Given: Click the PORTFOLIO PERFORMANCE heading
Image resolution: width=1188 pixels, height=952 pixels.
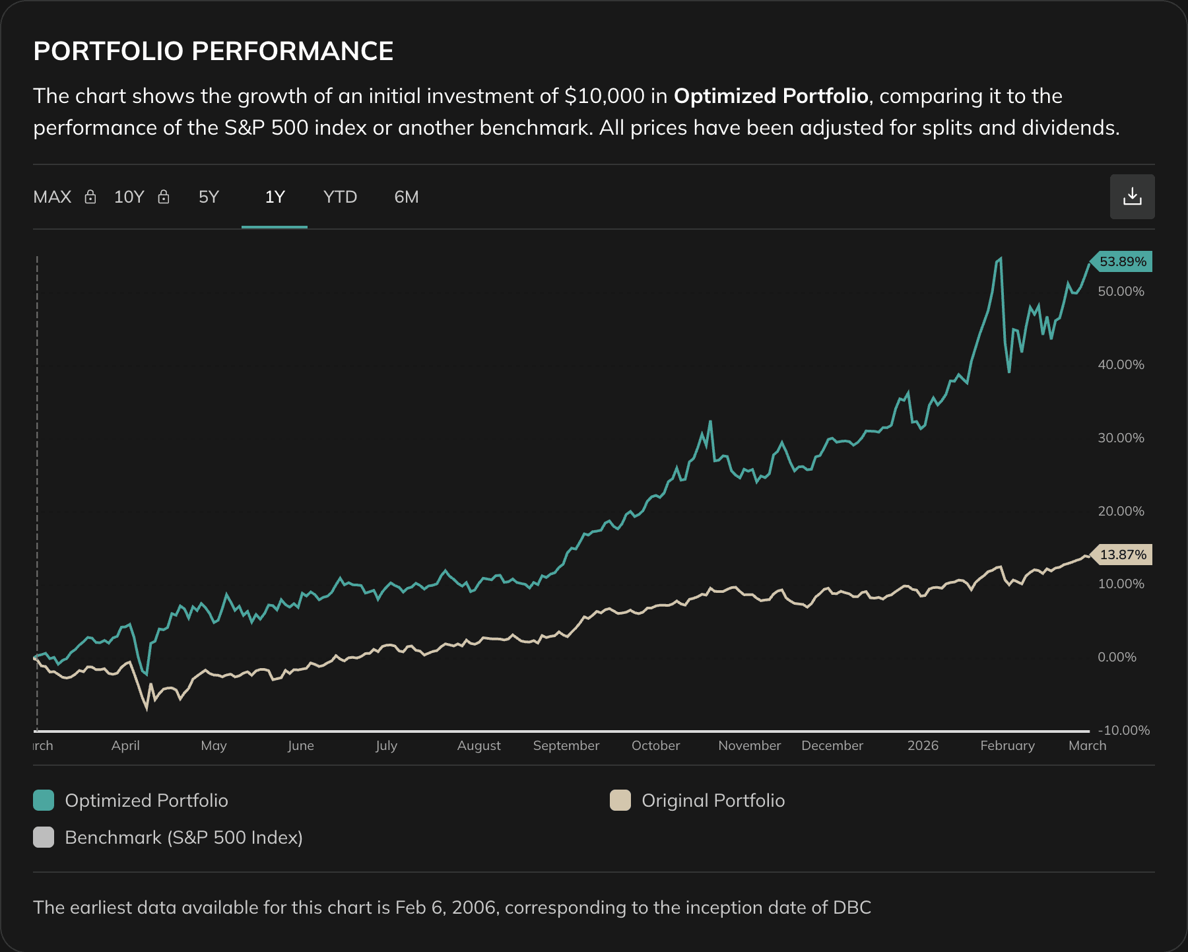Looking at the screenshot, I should click(213, 51).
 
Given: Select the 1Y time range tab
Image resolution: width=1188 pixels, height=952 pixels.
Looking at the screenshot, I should click(275, 197).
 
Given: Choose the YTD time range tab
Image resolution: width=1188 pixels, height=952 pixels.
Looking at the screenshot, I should click(340, 197).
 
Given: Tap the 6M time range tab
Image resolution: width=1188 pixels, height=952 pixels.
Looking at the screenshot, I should click(406, 197).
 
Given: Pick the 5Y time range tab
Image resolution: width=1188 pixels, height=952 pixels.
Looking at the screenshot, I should click(209, 197).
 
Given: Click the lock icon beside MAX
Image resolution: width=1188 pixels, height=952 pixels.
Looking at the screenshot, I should click(90, 197).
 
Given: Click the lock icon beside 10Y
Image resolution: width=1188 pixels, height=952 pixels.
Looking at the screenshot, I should click(164, 197).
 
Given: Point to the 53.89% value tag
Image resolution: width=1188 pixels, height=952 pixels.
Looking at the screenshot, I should click(1122, 261).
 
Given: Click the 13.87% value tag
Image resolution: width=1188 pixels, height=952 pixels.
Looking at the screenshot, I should click(1122, 555).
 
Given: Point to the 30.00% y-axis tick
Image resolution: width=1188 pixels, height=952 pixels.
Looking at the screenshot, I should click(1121, 438).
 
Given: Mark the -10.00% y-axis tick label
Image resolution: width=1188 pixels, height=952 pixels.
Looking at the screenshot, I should click(1123, 730).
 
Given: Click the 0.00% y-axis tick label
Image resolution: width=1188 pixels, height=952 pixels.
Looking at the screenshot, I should click(1117, 657).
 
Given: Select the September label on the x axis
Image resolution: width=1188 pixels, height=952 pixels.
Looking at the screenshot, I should click(566, 745).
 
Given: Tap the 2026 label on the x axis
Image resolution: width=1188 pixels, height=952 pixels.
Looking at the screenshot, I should click(923, 745).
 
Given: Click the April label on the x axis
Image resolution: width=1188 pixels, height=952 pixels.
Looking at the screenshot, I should click(125, 745).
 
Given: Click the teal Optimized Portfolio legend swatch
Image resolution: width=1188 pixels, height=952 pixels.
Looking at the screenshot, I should click(44, 800).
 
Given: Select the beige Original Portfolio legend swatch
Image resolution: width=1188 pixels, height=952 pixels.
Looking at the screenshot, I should click(620, 800).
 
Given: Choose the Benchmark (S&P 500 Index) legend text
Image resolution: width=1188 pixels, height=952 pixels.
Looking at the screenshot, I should click(183, 837).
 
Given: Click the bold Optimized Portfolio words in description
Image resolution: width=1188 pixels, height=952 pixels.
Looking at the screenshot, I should click(770, 96).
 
